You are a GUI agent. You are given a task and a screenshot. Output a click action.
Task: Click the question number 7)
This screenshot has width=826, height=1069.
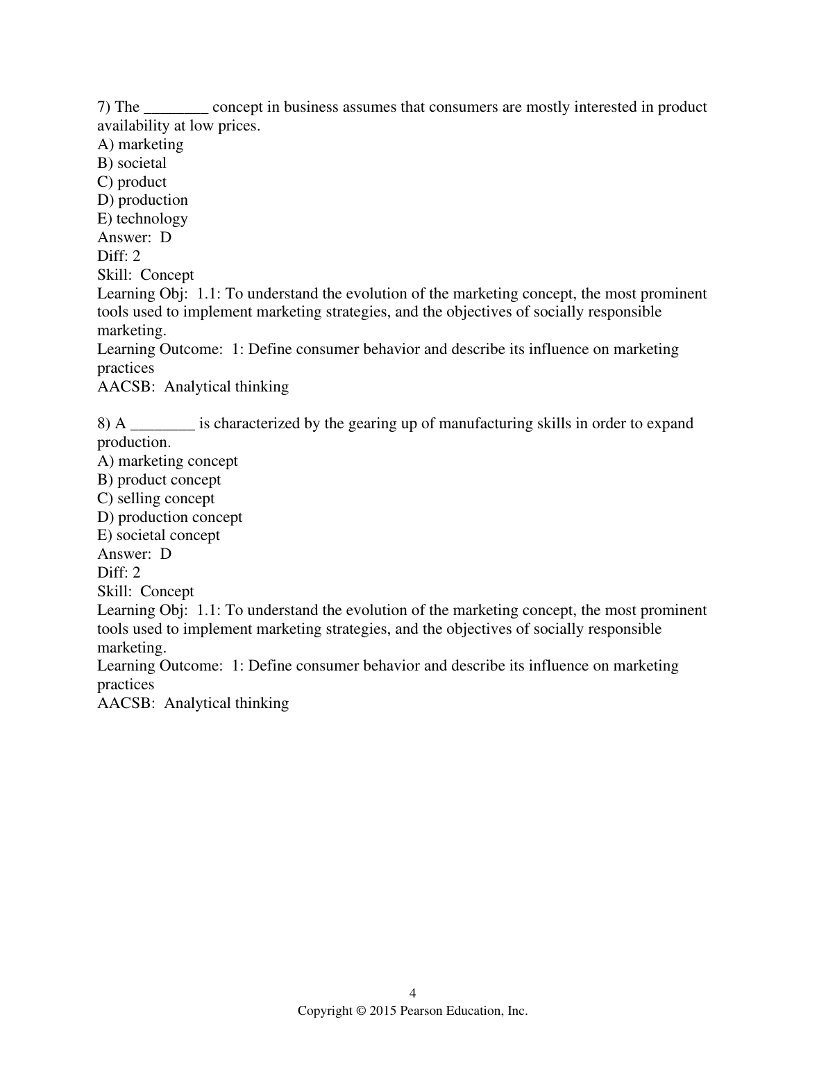click(x=104, y=107)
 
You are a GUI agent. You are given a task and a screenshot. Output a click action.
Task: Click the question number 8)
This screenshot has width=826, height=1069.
click(x=104, y=423)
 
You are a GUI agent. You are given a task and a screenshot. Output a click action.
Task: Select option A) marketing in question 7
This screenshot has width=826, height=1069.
click(x=140, y=144)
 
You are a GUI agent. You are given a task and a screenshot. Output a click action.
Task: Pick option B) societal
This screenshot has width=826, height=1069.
click(x=132, y=163)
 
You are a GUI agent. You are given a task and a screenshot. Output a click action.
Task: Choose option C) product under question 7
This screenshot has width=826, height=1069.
click(x=132, y=182)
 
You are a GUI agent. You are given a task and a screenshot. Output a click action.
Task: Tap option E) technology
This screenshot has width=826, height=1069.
click(x=142, y=219)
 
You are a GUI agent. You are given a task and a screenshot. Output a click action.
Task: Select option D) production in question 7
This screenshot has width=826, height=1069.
click(x=142, y=200)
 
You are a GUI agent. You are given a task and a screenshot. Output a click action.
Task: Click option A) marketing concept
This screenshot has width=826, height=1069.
click(x=167, y=461)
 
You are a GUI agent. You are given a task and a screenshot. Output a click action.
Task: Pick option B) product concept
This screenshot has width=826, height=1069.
click(x=159, y=480)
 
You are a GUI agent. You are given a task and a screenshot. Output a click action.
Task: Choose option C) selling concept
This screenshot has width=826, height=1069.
click(x=156, y=498)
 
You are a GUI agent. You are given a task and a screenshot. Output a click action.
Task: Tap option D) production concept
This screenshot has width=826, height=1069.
click(x=169, y=517)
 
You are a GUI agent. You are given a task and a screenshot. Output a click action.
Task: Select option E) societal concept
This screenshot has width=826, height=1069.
click(x=158, y=535)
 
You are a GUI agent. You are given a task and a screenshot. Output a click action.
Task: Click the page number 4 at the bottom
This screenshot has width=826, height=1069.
click(x=413, y=993)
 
